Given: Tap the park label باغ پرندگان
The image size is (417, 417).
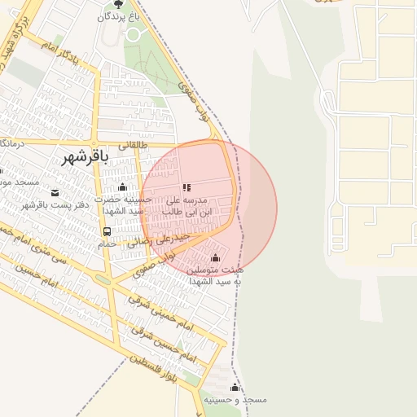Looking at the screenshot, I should [x=119, y=16].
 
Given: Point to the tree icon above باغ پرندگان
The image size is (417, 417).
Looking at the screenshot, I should [x=120, y=4].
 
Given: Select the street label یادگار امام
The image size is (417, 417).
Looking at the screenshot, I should [x=62, y=50].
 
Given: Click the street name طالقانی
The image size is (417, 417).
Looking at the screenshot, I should [x=134, y=144].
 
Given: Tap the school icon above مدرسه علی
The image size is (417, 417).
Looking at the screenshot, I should [x=187, y=187].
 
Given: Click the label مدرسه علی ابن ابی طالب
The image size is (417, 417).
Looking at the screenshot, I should [x=187, y=205].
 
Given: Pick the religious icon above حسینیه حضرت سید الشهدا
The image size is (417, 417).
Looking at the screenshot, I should [x=122, y=187].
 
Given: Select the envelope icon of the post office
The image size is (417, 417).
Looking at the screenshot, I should [x=55, y=193].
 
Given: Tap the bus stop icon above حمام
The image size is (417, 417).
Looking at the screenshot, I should [x=108, y=231].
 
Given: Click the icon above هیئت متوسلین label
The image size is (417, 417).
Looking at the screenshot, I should [x=215, y=257].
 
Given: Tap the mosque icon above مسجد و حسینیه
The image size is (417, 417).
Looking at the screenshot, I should [x=235, y=387].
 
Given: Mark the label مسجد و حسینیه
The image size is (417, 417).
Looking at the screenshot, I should [x=235, y=400].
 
